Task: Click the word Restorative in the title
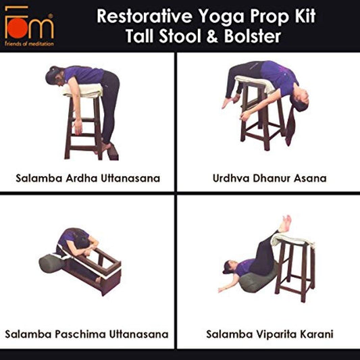tap(137, 16)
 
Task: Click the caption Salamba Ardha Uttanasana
tap(87, 178)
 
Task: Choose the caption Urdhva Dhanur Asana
tap(268, 178)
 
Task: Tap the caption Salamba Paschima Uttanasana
tap(86, 334)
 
